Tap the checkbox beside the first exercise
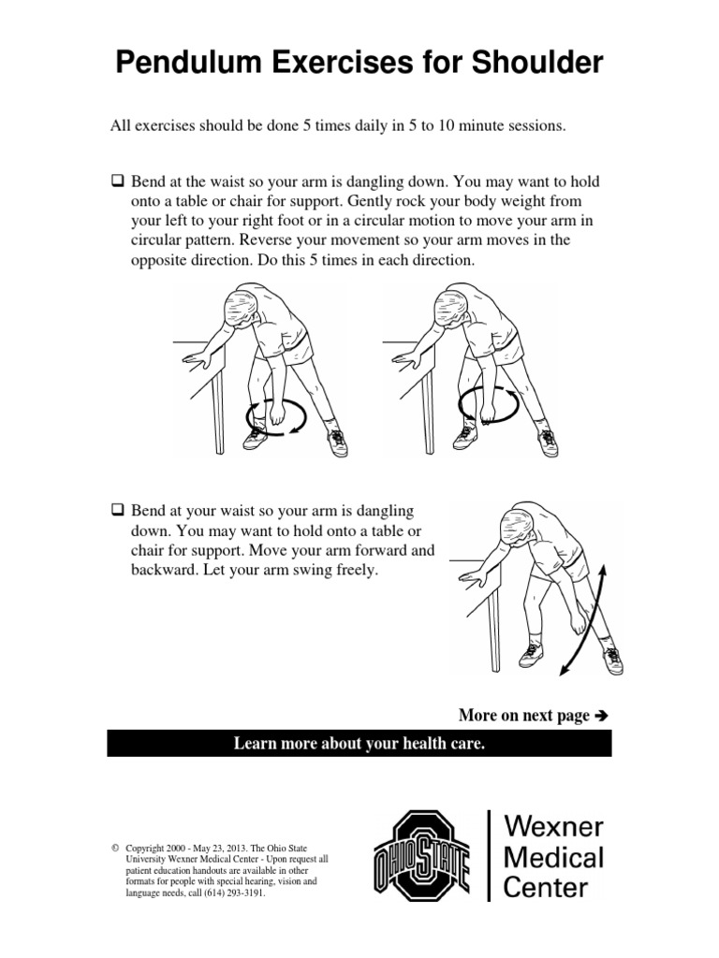(x=118, y=181)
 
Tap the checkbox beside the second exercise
(x=118, y=512)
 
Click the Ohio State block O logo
(x=422, y=855)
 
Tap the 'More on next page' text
(x=524, y=716)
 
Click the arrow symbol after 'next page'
(x=602, y=717)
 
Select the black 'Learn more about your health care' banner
(x=359, y=744)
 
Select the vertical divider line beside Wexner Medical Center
(x=490, y=855)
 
